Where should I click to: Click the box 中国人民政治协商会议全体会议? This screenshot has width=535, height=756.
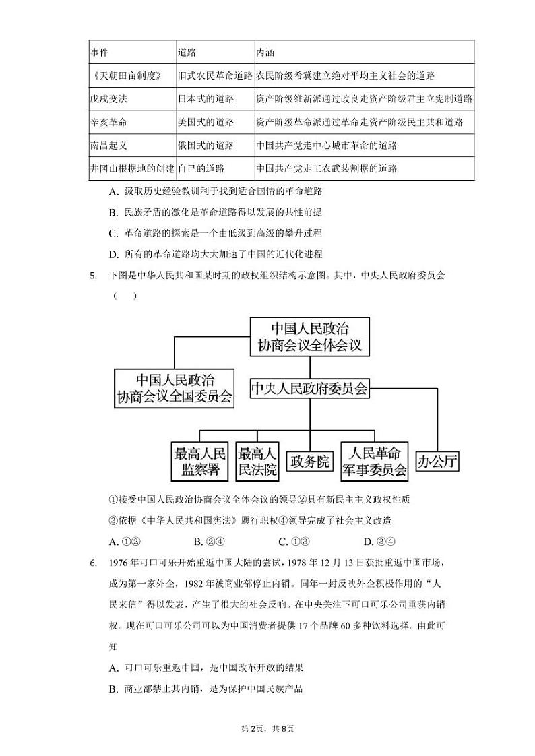click(x=310, y=337)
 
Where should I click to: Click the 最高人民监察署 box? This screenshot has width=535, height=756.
click(x=200, y=462)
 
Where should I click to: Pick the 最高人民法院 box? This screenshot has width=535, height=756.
click(x=257, y=462)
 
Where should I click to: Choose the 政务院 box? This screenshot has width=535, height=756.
click(x=310, y=462)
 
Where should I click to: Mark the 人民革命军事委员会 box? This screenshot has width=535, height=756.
click(x=375, y=462)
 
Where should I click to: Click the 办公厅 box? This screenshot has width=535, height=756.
click(x=438, y=462)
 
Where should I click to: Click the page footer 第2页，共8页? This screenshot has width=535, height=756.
click(x=267, y=728)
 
